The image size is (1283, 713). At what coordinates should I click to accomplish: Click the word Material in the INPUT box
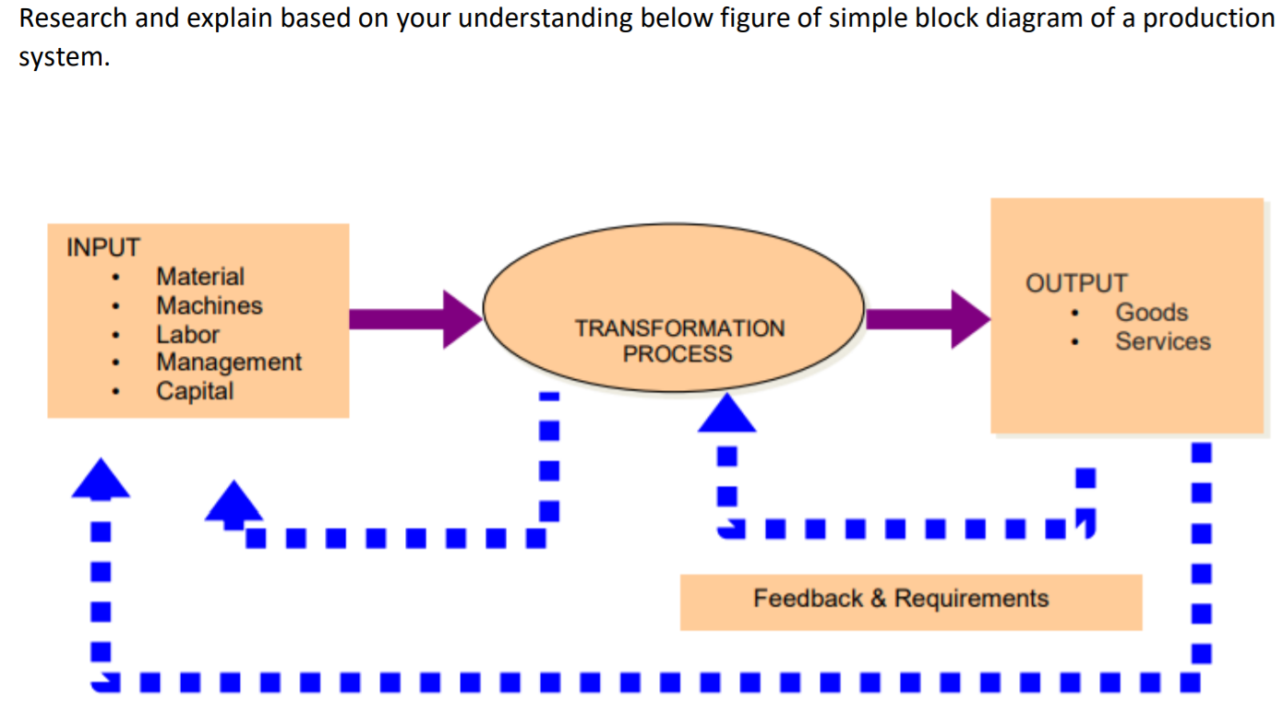[200, 277]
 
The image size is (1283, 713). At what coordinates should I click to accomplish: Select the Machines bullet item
[209, 305]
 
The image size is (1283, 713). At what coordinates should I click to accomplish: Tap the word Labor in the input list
[187, 334]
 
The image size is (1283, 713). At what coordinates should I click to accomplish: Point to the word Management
[228, 362]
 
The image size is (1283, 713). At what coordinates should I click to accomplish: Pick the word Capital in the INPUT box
[195, 391]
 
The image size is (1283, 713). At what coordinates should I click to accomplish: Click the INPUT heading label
[102, 248]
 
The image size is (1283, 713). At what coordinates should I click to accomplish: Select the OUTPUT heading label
[1076, 283]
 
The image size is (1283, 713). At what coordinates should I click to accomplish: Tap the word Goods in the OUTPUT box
[1151, 313]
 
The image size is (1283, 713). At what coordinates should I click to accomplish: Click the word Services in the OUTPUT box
[1162, 341]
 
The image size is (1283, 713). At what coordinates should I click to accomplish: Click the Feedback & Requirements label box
[910, 600]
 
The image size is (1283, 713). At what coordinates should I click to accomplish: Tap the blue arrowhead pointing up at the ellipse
[726, 414]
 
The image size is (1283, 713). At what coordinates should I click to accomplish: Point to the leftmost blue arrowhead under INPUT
[101, 479]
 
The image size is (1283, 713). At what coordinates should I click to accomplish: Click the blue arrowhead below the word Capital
[234, 503]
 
